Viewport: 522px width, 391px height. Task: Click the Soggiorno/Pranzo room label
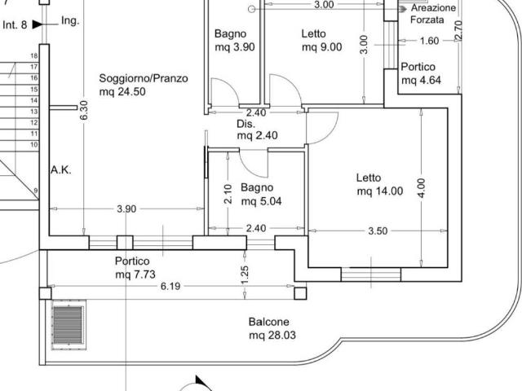(144, 85)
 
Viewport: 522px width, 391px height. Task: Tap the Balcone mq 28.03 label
(272, 328)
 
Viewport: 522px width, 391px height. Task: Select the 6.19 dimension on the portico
(170, 286)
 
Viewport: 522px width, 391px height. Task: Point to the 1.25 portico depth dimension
(245, 275)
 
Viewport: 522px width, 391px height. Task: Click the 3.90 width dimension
(126, 209)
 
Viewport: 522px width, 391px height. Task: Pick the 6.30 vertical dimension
(84, 111)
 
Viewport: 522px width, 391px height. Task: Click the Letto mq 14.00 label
(379, 185)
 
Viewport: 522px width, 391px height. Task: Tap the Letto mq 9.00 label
(321, 40)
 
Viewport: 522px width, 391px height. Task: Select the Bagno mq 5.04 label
(261, 194)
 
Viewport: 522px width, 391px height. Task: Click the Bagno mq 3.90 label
(235, 40)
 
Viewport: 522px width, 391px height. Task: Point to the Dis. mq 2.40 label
(257, 130)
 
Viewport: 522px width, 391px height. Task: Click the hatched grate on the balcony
(68, 325)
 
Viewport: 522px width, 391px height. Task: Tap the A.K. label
(61, 170)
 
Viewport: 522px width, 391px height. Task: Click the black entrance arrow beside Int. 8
(38, 24)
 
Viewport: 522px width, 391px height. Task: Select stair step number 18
(34, 56)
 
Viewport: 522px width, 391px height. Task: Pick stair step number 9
(36, 191)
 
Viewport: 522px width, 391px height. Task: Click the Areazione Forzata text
(433, 14)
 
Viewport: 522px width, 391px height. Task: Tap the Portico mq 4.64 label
(421, 73)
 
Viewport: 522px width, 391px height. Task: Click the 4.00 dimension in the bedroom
(421, 188)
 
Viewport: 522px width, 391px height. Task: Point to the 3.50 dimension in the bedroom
(378, 231)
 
